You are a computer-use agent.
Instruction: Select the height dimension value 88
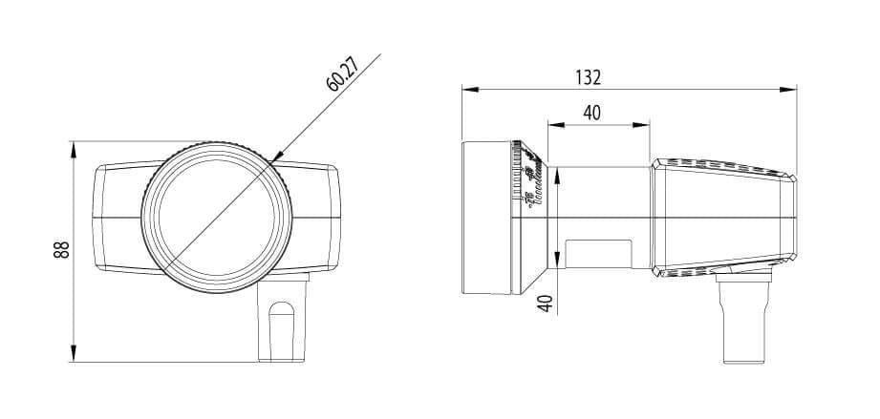point(60,251)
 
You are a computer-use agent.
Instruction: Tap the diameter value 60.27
point(341,73)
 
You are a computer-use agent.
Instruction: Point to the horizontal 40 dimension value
point(592,113)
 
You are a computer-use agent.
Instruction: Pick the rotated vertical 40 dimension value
point(545,305)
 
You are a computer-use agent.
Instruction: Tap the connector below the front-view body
point(285,321)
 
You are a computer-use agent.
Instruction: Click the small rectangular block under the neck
point(597,252)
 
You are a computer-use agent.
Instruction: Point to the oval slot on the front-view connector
point(281,329)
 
